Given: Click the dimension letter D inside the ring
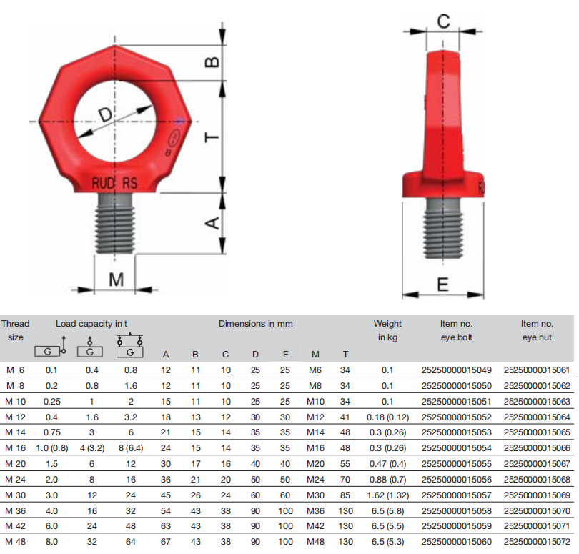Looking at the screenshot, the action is (x=106, y=114).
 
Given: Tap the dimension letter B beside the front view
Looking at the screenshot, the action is (x=212, y=62).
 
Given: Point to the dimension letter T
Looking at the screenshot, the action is (x=212, y=137).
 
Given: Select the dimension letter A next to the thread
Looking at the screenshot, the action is (x=212, y=223).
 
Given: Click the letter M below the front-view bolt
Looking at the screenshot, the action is (x=116, y=280).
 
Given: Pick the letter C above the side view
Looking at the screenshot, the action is (x=443, y=21).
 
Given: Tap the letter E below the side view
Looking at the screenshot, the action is (x=442, y=285).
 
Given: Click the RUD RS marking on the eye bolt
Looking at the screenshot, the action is (x=114, y=183).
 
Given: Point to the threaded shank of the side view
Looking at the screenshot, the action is (x=443, y=227).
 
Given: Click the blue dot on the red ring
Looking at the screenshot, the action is (x=179, y=121).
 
